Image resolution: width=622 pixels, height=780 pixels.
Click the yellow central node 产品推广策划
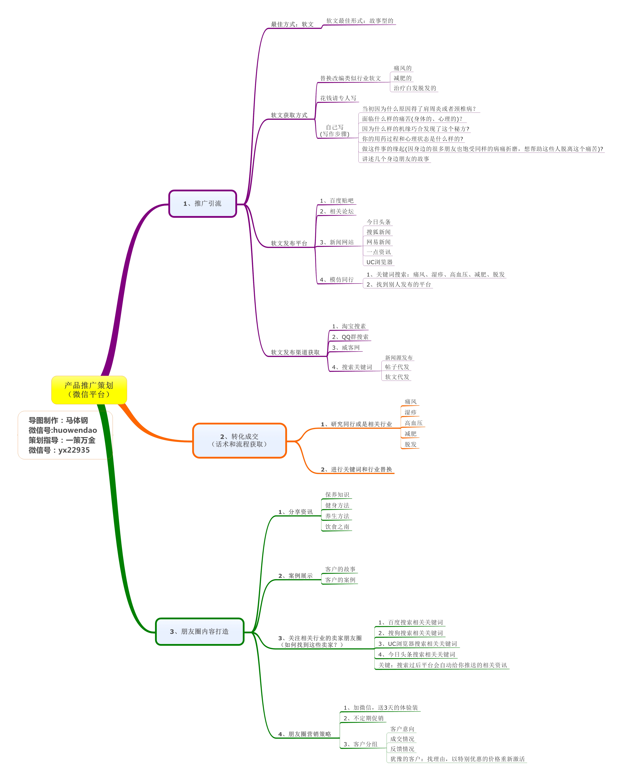coord(89,390)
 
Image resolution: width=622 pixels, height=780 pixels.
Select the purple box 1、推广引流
coord(203,204)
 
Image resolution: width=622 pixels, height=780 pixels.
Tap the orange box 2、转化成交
coord(239,440)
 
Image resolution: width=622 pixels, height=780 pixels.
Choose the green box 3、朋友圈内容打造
coord(200,631)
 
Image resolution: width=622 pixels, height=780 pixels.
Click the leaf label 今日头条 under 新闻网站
coord(379,222)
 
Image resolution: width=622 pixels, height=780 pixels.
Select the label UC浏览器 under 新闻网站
coord(379,262)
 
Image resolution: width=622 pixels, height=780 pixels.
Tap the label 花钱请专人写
coord(338,98)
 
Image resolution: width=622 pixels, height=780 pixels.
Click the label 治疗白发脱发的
coord(415,88)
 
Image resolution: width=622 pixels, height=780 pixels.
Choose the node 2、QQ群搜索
coord(350,337)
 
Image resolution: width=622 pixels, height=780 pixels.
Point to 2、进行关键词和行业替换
coord(356,469)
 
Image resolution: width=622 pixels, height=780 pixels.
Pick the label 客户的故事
coord(340,569)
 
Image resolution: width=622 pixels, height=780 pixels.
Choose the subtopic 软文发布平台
coord(289,243)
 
